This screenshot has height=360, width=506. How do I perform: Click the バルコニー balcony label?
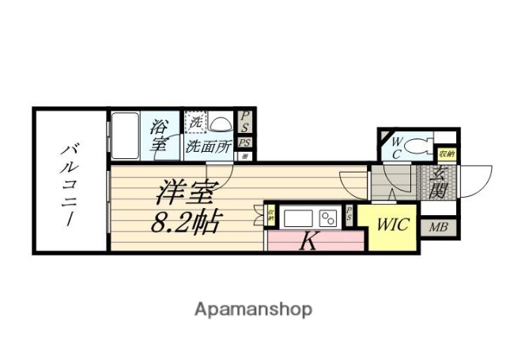[70, 181]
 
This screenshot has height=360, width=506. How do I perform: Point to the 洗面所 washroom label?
[208, 146]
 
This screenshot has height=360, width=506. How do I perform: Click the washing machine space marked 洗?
[195, 123]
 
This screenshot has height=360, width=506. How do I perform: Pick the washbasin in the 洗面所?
[223, 123]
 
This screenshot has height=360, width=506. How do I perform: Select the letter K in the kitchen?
[309, 243]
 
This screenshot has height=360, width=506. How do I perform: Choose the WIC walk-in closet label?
[392, 225]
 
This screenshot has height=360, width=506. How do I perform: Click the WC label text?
[397, 148]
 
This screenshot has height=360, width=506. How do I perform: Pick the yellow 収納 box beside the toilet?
[447, 153]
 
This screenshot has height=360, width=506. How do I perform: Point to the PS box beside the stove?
[349, 213]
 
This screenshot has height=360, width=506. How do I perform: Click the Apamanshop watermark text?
[254, 309]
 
